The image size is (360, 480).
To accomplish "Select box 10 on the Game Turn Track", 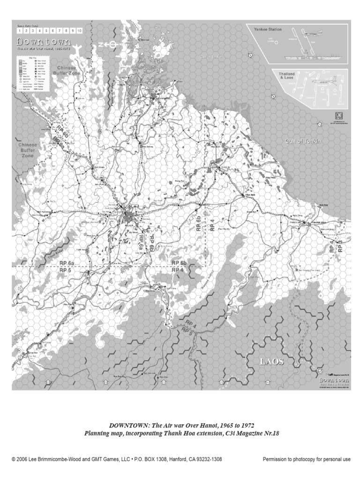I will tap(80, 30).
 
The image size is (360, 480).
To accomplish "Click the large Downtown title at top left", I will tap(45, 41).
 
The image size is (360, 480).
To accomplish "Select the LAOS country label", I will tap(272, 362).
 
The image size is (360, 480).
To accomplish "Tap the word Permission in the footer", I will tap(276, 459).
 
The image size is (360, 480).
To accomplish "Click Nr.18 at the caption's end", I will tap(271, 434).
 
